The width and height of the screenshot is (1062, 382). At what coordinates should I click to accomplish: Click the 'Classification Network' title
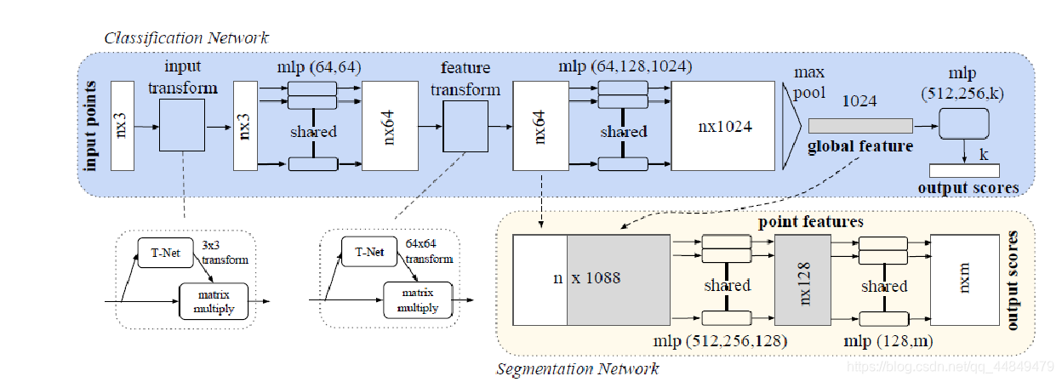[x=186, y=37]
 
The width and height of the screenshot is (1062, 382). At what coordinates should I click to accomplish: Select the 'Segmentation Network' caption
[x=577, y=369]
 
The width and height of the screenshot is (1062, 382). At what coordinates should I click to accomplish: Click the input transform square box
[x=182, y=125]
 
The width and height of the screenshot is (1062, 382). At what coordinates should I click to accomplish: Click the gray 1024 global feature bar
[x=860, y=126]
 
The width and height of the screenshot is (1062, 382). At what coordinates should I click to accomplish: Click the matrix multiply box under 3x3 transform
[x=214, y=299]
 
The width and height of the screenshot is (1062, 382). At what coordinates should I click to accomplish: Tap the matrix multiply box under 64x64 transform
[x=417, y=300]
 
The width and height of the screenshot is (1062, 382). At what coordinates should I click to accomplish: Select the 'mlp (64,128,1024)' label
[x=624, y=66]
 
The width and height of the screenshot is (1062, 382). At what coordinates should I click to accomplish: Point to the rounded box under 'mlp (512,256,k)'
[x=964, y=126]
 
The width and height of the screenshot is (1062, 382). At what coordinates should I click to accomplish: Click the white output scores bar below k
[x=964, y=170]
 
